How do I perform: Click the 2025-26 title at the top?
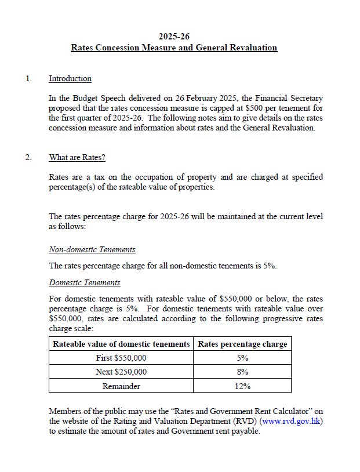(174, 36)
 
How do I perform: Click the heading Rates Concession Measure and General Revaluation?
(174, 48)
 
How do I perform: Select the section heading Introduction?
(70, 78)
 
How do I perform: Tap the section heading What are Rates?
(77, 157)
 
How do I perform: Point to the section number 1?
(28, 78)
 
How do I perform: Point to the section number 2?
(28, 157)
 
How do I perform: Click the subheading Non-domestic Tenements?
(92, 249)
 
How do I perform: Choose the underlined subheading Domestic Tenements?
(85, 282)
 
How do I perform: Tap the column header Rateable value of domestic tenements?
(121, 344)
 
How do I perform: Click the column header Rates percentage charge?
(242, 344)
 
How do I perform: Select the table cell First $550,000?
(121, 358)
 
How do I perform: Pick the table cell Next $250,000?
(121, 372)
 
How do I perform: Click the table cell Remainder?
(121, 386)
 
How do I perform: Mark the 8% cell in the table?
(242, 372)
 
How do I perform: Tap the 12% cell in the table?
(242, 386)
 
